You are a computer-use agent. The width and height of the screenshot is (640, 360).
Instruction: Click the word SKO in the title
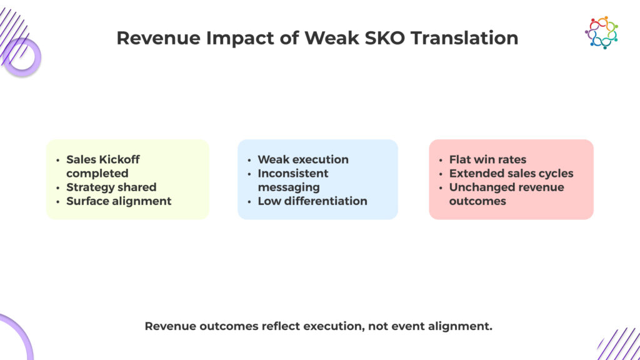tap(384, 38)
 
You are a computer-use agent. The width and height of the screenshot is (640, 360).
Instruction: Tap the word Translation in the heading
tap(464, 38)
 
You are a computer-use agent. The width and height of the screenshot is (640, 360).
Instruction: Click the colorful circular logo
tap(601, 32)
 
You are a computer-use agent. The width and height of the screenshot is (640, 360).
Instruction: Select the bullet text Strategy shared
tap(111, 187)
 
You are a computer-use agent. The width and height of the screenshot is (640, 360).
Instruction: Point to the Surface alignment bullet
tap(119, 201)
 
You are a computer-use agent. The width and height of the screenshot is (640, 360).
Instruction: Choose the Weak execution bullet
tap(303, 159)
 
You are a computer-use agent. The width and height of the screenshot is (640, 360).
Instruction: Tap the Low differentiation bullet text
tap(312, 201)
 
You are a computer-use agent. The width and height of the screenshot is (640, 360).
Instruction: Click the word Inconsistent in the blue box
tap(293, 173)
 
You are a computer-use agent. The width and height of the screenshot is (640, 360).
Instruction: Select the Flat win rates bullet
tap(487, 159)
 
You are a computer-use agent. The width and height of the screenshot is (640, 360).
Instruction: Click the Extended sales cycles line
tap(511, 173)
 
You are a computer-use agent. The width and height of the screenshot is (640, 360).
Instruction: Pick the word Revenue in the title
tap(159, 38)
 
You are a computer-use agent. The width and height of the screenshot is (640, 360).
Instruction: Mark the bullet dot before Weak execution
tap(249, 160)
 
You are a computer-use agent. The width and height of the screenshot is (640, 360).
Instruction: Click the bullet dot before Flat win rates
tap(441, 160)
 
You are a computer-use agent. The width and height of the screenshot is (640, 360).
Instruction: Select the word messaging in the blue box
tap(289, 187)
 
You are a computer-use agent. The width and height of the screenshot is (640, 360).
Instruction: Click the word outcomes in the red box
tap(477, 201)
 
